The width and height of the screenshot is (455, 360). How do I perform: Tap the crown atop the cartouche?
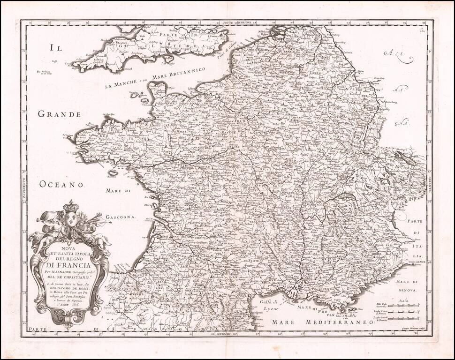[71, 206]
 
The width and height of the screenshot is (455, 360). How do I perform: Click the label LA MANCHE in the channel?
[121, 85]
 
